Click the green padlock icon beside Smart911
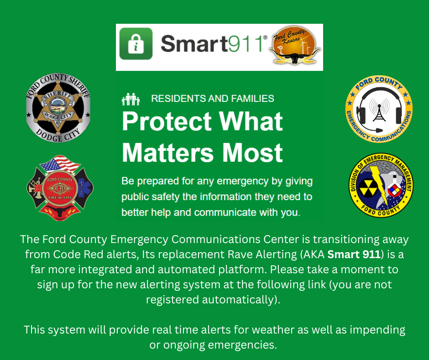tap(136, 44)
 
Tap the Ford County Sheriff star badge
tap(58, 108)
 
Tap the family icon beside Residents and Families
tap(131, 99)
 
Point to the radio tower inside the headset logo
tap(378, 110)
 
